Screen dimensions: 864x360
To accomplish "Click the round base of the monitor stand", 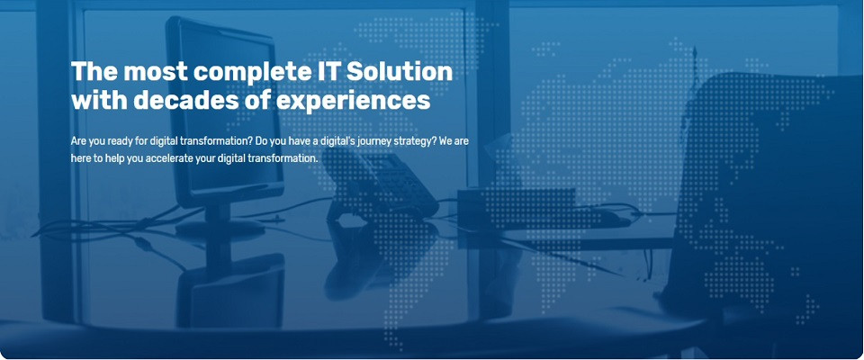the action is click(x=220, y=228).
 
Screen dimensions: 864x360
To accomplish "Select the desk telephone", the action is click(x=380, y=185).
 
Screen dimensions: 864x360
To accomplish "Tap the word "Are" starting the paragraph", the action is click(x=78, y=141).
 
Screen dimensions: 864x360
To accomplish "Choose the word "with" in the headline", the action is click(x=100, y=101).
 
